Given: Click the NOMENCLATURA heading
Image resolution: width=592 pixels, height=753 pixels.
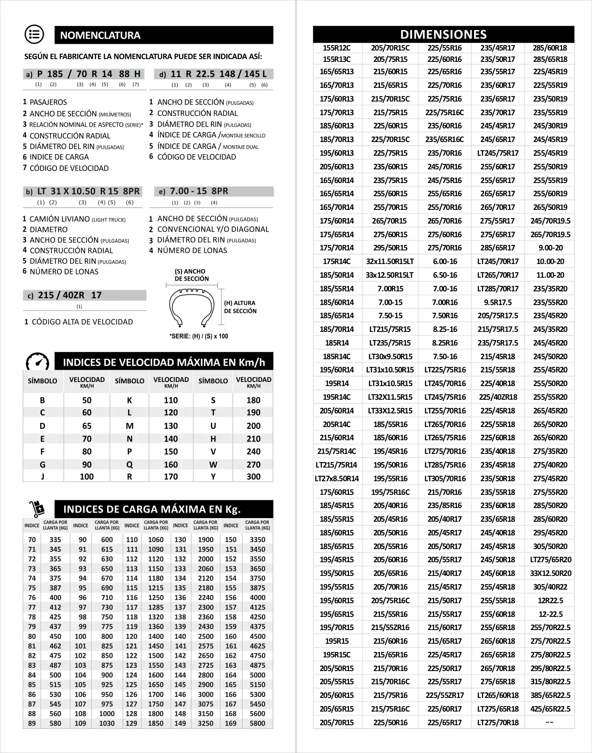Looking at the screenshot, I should [x=100, y=36].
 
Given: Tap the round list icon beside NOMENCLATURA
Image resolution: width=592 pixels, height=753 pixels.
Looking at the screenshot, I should [x=34, y=35].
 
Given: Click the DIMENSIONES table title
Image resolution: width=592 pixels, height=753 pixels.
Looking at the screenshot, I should [x=443, y=35].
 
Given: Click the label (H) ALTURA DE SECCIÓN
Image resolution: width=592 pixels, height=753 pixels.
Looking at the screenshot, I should [x=240, y=307].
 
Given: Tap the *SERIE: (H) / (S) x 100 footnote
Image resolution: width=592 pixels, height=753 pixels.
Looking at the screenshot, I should [x=199, y=336].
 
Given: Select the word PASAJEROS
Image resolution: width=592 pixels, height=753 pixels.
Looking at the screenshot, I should [x=48, y=102].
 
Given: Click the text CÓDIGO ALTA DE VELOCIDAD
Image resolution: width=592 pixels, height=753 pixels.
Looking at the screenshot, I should [x=82, y=322].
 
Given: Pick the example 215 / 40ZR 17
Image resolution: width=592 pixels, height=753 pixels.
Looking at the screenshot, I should [x=70, y=295].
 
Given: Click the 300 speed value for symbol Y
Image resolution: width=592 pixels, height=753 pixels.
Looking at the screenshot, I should [x=253, y=477].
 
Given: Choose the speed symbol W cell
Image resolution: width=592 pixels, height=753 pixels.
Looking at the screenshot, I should [x=213, y=465].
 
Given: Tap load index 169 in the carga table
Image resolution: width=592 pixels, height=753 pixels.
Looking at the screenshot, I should [x=231, y=723].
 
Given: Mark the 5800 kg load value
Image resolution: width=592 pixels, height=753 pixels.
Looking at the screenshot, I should [x=257, y=723].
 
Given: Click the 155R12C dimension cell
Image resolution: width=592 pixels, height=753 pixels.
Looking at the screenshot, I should [x=337, y=48].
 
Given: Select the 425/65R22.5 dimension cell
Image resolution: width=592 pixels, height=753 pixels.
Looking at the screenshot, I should [x=550, y=709].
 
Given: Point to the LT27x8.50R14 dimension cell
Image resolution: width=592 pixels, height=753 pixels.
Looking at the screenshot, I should [x=337, y=478].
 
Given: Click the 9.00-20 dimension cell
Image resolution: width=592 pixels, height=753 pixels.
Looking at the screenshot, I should [x=550, y=248].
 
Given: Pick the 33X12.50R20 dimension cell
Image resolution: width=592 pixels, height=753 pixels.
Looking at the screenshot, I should [x=550, y=573].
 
